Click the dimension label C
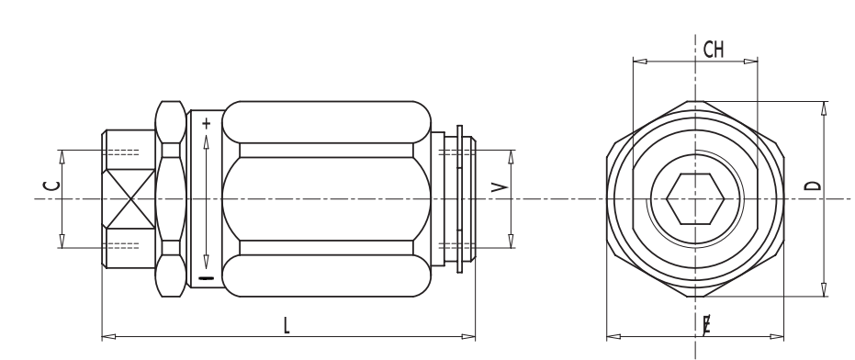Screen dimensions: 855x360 coord(51,186)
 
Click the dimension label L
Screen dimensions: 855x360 coord(287,326)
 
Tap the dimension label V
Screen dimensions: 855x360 coord(500,187)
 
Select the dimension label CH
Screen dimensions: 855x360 coord(714,50)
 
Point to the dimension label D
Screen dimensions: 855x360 coord(813,186)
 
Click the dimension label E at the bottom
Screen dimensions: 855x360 coord(707,326)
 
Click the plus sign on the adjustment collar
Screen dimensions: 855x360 coord(206,124)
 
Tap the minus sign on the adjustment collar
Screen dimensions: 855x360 coord(206,279)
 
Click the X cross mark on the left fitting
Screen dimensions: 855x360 coord(129,198)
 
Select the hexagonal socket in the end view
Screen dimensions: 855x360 coord(695,198)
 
